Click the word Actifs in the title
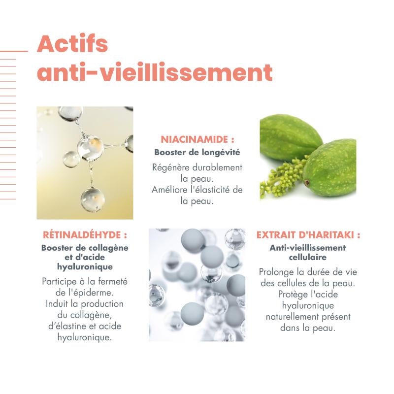coord(72,44)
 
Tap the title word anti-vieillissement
coord(155,72)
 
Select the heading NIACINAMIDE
coord(195,139)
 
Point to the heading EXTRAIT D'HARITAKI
coord(308,235)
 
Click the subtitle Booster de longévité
coord(197,152)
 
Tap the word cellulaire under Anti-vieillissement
coord(308,257)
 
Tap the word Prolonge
coord(278,271)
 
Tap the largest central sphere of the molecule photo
coord(90,146)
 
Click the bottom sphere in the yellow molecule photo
coord(93,198)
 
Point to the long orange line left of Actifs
coord(14,51)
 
